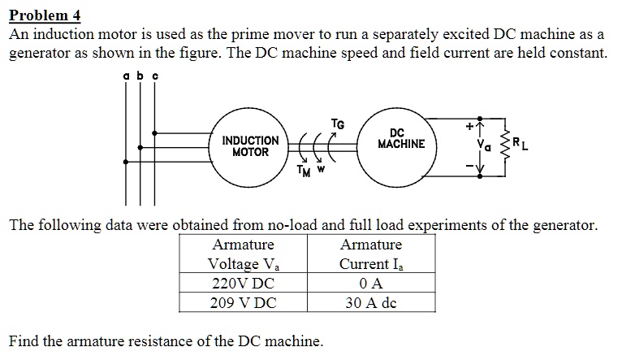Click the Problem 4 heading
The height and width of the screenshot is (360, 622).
(x=45, y=16)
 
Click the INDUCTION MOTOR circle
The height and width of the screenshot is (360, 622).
(x=250, y=146)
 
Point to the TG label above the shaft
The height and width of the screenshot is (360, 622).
(x=338, y=124)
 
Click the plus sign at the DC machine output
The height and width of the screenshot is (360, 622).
(x=469, y=126)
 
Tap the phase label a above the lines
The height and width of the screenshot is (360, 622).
(x=127, y=75)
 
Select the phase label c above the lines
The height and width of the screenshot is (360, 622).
(x=154, y=75)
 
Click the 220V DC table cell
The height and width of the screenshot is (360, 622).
(x=243, y=284)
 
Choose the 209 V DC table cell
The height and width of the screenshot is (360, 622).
(x=243, y=303)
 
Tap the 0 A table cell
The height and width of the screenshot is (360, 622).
(x=370, y=284)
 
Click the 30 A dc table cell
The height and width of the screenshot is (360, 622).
(x=370, y=303)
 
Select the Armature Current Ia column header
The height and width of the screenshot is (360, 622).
(x=371, y=254)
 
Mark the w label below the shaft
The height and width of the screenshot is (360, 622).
(x=322, y=170)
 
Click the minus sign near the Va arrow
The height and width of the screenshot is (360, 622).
(x=469, y=167)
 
